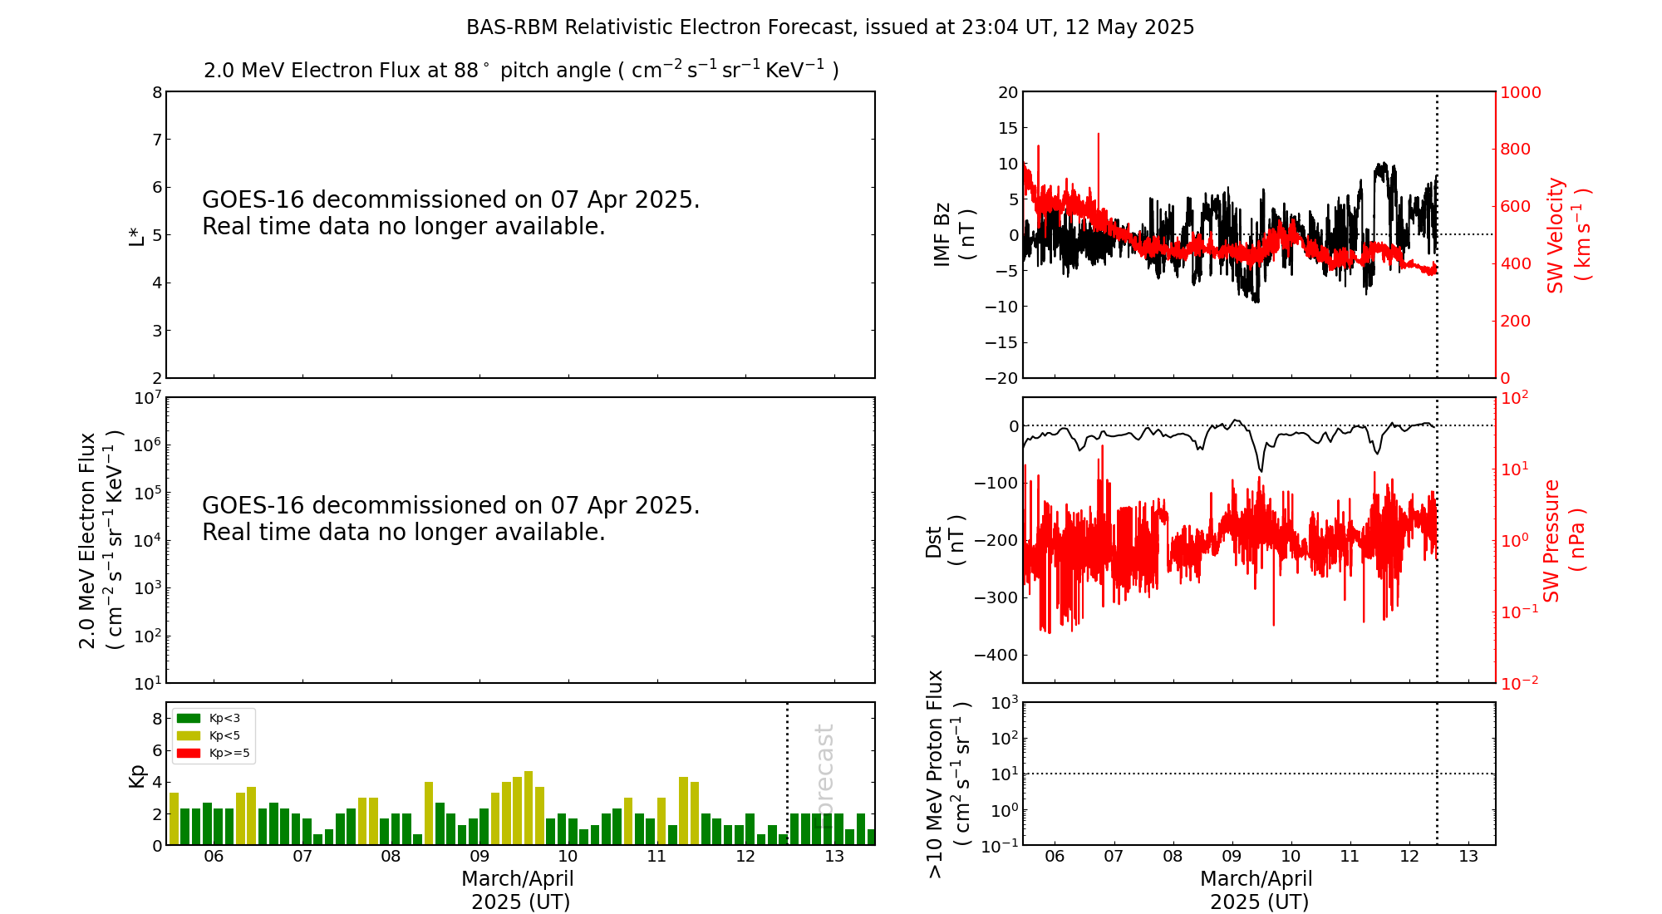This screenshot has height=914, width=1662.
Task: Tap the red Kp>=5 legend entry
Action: (212, 754)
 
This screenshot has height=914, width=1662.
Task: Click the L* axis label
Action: (137, 235)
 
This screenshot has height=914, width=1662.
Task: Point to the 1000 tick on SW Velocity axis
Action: (1520, 92)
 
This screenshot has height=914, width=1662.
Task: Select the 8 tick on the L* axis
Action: (156, 92)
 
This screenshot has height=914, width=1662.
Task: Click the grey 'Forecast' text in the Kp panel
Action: (824, 774)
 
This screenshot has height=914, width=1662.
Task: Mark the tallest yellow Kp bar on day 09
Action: (529, 807)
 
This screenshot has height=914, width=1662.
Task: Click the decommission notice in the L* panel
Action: (450, 213)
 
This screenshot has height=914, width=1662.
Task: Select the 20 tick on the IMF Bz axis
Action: (1007, 92)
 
